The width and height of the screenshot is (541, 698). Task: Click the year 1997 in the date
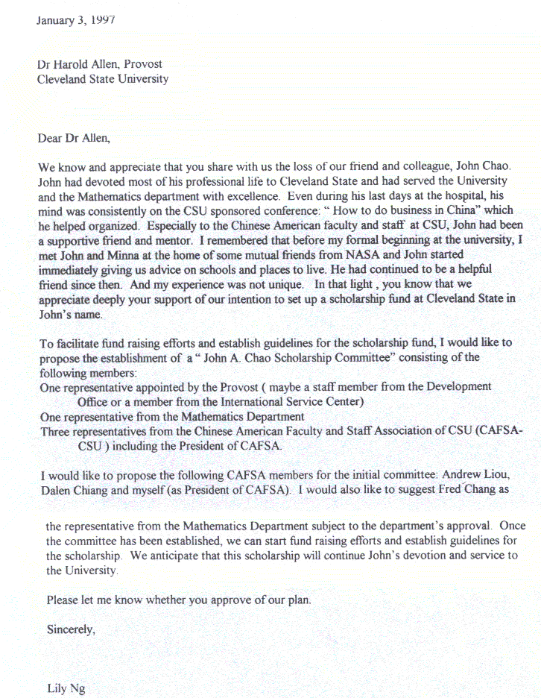[x=100, y=19]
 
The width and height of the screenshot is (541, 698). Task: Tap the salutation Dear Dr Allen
[x=73, y=138]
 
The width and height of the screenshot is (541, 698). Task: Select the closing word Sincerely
[x=71, y=629]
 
